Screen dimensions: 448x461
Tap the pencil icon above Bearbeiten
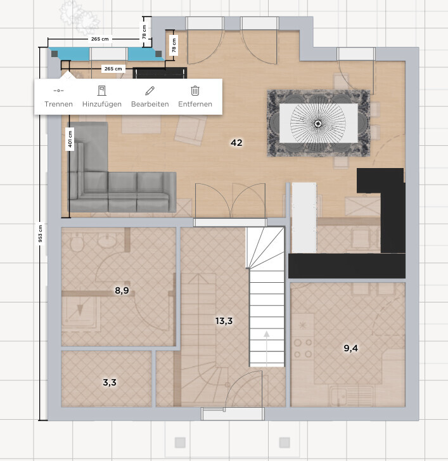(x=150, y=91)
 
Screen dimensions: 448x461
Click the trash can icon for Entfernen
(x=195, y=91)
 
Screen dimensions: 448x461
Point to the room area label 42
(x=236, y=143)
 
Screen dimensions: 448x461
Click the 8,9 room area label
(x=122, y=290)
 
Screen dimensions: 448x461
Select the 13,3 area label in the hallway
(x=224, y=321)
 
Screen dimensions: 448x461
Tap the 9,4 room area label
(x=351, y=348)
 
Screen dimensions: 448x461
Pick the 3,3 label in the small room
(x=110, y=382)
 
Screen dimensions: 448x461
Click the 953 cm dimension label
(x=41, y=234)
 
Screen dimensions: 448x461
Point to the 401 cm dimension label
(x=70, y=139)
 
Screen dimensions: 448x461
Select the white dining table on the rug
(x=319, y=123)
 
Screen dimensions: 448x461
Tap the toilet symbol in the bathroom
(x=77, y=243)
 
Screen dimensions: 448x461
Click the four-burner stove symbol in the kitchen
(x=303, y=347)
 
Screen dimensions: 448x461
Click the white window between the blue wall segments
(x=108, y=54)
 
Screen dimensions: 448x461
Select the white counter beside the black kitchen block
(x=304, y=218)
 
